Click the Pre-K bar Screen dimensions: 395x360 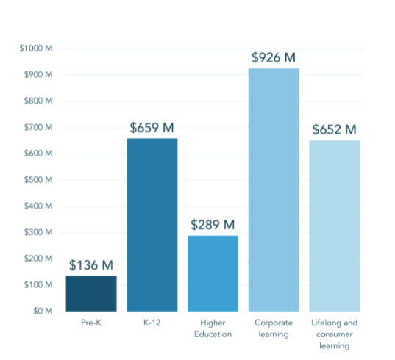point(91,294)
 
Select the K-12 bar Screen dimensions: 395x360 point(152,225)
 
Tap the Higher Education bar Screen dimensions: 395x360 point(213,273)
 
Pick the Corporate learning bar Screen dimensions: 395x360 point(274,190)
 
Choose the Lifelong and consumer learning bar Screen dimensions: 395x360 point(335,226)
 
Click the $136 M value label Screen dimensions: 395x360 point(91,265)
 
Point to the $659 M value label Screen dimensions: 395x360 point(152,128)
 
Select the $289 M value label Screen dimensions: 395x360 point(213,225)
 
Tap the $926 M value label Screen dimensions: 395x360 point(274,57)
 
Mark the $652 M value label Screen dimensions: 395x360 point(335,129)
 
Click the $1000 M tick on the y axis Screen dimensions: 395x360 point(36,48)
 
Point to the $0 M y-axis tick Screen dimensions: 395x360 point(43,311)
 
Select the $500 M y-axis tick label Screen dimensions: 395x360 point(38,179)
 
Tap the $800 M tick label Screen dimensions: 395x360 point(38,101)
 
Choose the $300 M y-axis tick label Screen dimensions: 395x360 point(38,232)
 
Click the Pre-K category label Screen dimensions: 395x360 point(91,323)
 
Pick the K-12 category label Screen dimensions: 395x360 point(152,323)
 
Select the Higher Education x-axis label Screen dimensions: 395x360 point(213,328)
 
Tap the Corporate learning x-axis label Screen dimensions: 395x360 point(274,328)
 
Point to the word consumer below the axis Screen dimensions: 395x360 point(335,334)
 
